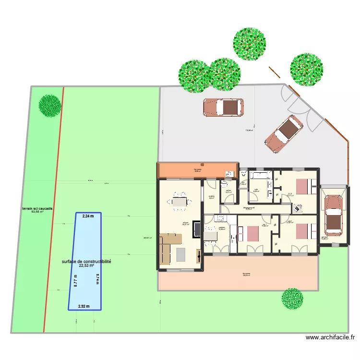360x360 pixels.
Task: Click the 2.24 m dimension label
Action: point(88,216)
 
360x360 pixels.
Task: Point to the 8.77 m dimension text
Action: point(75,280)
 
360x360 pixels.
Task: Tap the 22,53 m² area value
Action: point(86,265)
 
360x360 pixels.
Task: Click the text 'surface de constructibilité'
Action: point(86,262)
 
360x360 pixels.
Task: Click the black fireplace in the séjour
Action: point(196,229)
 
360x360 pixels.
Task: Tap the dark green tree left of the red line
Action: point(50,105)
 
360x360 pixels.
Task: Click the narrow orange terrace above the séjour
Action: point(197,170)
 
